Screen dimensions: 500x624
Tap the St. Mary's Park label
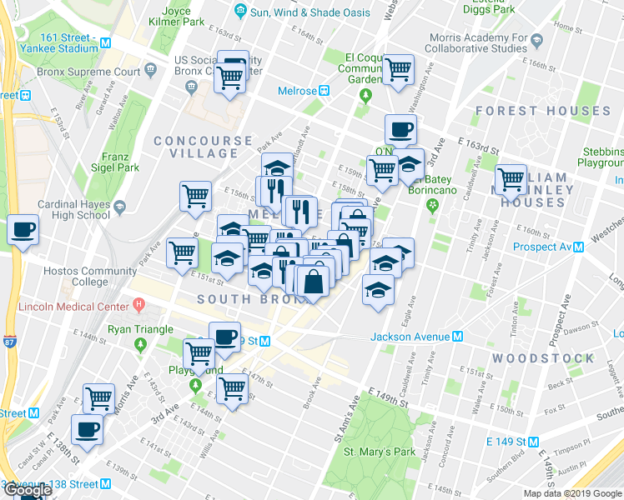[380, 452]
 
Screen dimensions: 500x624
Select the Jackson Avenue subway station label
[409, 337]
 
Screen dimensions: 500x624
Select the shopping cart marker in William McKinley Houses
[511, 178]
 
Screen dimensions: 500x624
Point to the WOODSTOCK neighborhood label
[542, 358]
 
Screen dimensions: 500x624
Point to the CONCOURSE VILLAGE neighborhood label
[203, 147]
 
